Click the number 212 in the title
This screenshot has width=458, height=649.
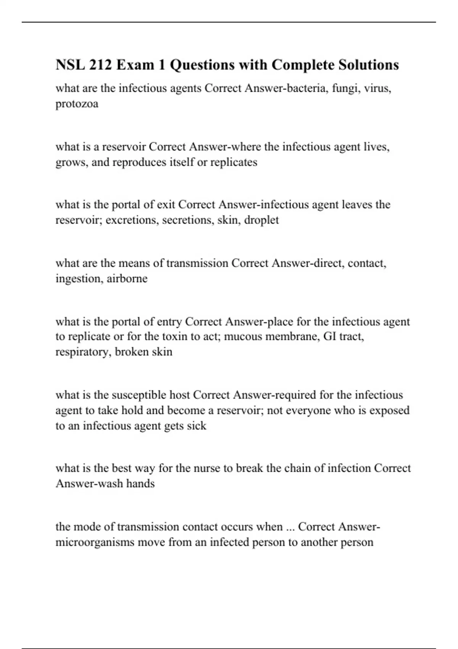(100, 65)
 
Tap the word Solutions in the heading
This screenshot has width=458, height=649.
(368, 65)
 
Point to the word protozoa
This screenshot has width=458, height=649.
(77, 104)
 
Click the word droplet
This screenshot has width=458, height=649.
(261, 220)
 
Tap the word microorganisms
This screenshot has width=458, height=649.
(95, 542)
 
